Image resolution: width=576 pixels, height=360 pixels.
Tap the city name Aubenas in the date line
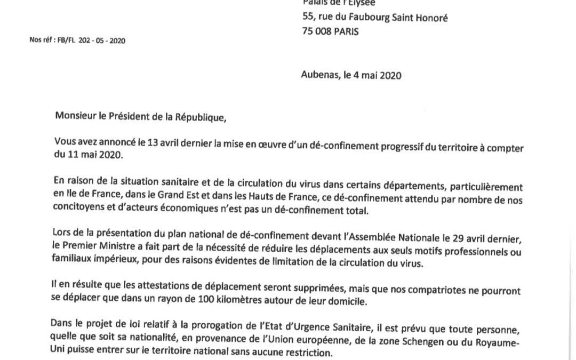tap(319, 75)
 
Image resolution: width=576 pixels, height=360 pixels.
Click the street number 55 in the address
tap(308, 18)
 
